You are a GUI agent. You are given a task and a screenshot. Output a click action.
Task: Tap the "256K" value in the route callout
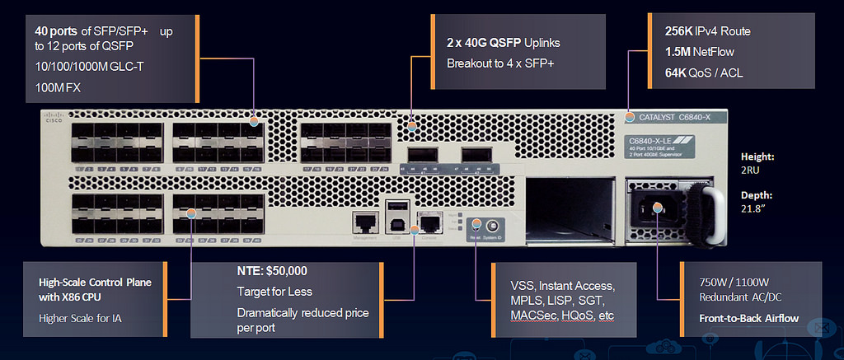[679, 31]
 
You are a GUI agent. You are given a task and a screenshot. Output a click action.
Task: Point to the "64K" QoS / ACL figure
[677, 73]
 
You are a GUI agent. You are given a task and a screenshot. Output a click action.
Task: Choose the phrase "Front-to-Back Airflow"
[748, 318]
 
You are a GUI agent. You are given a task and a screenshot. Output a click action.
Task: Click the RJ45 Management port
[363, 221]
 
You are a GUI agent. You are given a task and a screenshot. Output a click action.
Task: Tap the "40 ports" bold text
[56, 31]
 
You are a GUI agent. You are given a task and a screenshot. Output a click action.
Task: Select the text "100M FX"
[54, 86]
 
